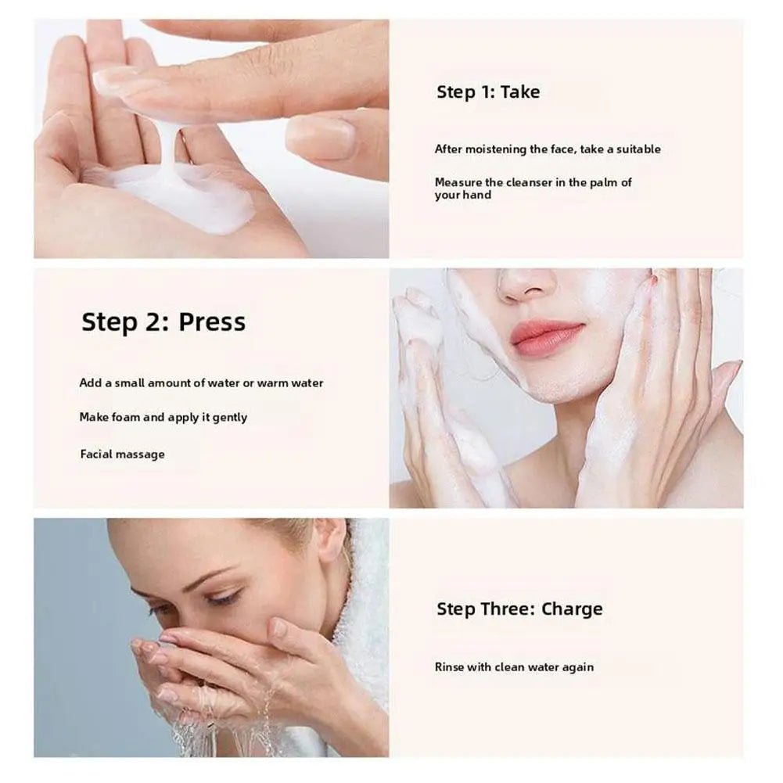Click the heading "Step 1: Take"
point(488,92)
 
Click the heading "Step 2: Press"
point(163,322)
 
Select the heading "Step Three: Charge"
point(519,609)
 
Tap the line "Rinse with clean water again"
point(514,667)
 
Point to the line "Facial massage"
point(122,454)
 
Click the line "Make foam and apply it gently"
point(163,418)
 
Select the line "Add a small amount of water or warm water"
point(201,383)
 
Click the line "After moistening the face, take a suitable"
point(548,149)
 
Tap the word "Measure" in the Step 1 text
point(458,182)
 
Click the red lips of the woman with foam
point(547,336)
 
